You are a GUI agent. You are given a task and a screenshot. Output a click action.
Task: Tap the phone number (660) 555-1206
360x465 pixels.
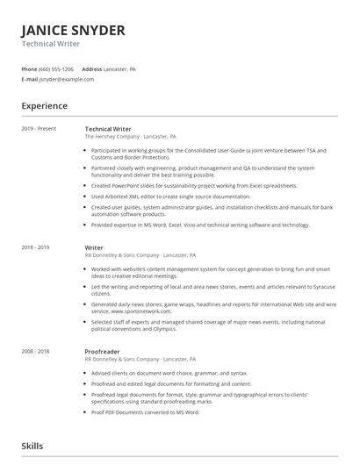56,68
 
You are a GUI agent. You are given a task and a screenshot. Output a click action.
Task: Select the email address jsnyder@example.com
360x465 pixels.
67,79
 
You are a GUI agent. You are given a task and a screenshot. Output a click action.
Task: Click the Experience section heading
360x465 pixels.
45,106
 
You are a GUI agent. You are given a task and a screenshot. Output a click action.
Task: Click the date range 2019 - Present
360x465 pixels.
39,129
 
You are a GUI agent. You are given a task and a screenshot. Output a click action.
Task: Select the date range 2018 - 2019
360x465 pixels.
36,248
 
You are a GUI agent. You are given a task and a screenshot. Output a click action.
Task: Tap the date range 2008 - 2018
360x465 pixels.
36,351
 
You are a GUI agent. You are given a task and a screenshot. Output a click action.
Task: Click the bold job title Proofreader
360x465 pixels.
103,351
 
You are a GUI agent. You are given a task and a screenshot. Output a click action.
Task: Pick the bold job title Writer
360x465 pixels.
94,248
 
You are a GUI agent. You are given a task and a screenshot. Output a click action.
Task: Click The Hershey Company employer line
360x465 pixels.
130,137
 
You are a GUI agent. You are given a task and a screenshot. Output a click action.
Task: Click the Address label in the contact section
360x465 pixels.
92,68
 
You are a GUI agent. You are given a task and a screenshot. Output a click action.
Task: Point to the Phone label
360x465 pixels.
28,68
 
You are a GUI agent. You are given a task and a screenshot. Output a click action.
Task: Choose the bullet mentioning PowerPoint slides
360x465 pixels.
193,186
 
